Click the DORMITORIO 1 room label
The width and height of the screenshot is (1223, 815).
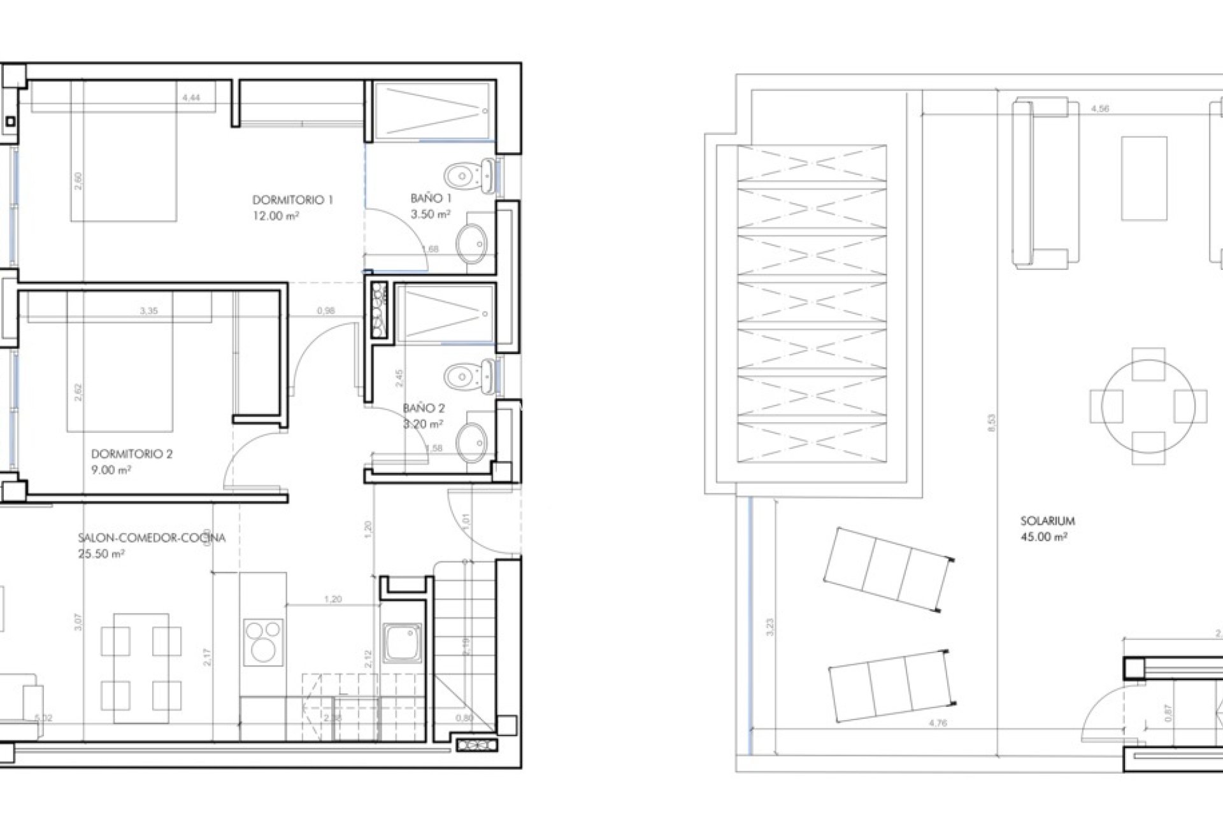pyautogui.click(x=292, y=200)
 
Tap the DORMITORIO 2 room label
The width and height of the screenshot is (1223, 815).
pyautogui.click(x=132, y=454)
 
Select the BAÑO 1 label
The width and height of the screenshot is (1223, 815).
pyautogui.click(x=431, y=199)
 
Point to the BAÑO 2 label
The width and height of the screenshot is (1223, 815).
pyautogui.click(x=424, y=408)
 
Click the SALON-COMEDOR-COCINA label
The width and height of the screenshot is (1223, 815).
pyautogui.click(x=152, y=538)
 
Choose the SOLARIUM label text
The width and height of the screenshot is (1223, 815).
pyautogui.click(x=1047, y=521)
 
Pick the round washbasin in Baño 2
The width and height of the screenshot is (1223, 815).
pyautogui.click(x=472, y=440)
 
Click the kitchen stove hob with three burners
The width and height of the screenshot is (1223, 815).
pyautogui.click(x=263, y=641)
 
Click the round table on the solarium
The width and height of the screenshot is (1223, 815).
pyautogui.click(x=1148, y=406)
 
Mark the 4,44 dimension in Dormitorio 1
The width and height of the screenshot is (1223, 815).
pyautogui.click(x=191, y=97)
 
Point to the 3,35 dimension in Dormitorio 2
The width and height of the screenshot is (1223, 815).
pyautogui.click(x=148, y=311)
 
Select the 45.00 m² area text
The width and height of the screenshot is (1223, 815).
pyautogui.click(x=1043, y=537)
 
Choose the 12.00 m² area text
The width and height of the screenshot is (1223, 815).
pyautogui.click(x=276, y=216)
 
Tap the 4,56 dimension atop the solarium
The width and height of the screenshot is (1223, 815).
pyautogui.click(x=1099, y=109)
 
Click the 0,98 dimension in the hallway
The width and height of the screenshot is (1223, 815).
pyautogui.click(x=325, y=311)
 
